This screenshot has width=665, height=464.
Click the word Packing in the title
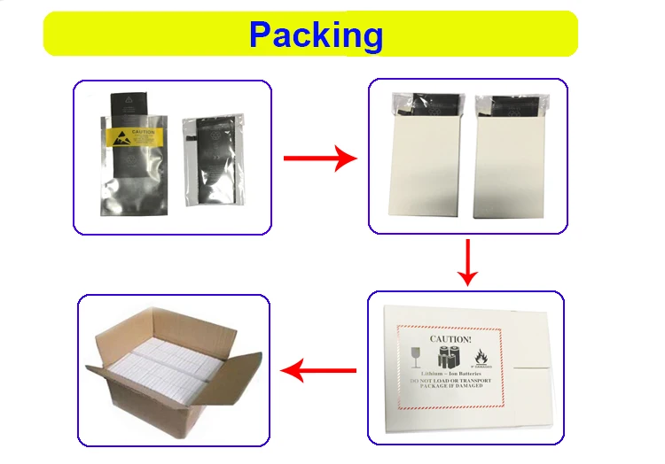[316, 35]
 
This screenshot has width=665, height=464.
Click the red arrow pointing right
[318, 159]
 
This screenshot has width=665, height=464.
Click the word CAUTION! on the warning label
[450, 337]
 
